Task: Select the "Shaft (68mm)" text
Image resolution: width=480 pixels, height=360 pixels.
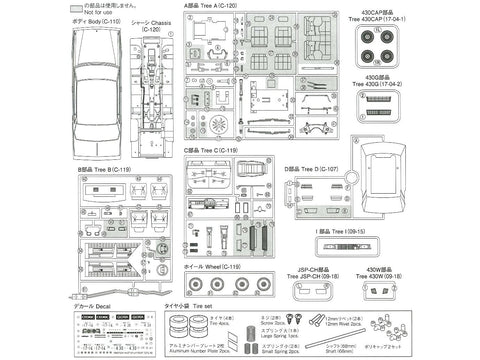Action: point(361,353)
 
